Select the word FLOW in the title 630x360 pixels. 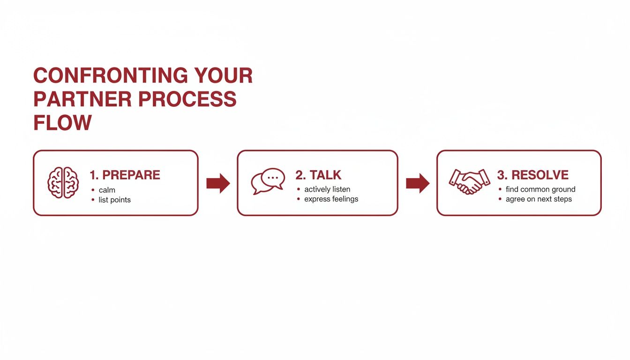[62, 122]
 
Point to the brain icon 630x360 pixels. [63, 182]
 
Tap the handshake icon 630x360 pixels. [469, 182]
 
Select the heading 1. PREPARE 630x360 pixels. [125, 175]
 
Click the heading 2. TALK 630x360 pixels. [318, 175]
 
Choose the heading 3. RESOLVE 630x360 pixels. [532, 175]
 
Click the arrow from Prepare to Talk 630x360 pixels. [218, 183]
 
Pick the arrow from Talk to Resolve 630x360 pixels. [417, 183]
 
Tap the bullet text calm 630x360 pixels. [107, 190]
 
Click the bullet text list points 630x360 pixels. [114, 200]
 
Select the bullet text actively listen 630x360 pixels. [327, 189]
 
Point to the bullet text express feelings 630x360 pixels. [331, 199]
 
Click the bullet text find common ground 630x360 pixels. [540, 189]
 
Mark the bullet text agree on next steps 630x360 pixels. [539, 199]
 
